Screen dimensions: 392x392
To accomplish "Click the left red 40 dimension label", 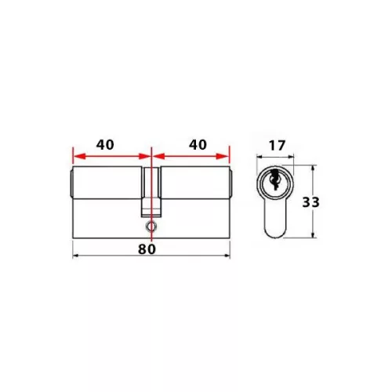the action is point(105,145).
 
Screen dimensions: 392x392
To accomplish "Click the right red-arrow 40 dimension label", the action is point(198,145).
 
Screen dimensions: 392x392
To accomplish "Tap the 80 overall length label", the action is point(147,249).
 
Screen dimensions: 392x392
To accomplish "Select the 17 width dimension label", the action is point(277,146).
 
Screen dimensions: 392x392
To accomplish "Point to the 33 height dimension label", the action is point(310,202).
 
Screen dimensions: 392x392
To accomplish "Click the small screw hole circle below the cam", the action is point(151,227).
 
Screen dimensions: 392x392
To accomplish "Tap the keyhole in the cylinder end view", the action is point(274,179).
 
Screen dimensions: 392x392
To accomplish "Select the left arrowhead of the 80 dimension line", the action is point(76,256).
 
